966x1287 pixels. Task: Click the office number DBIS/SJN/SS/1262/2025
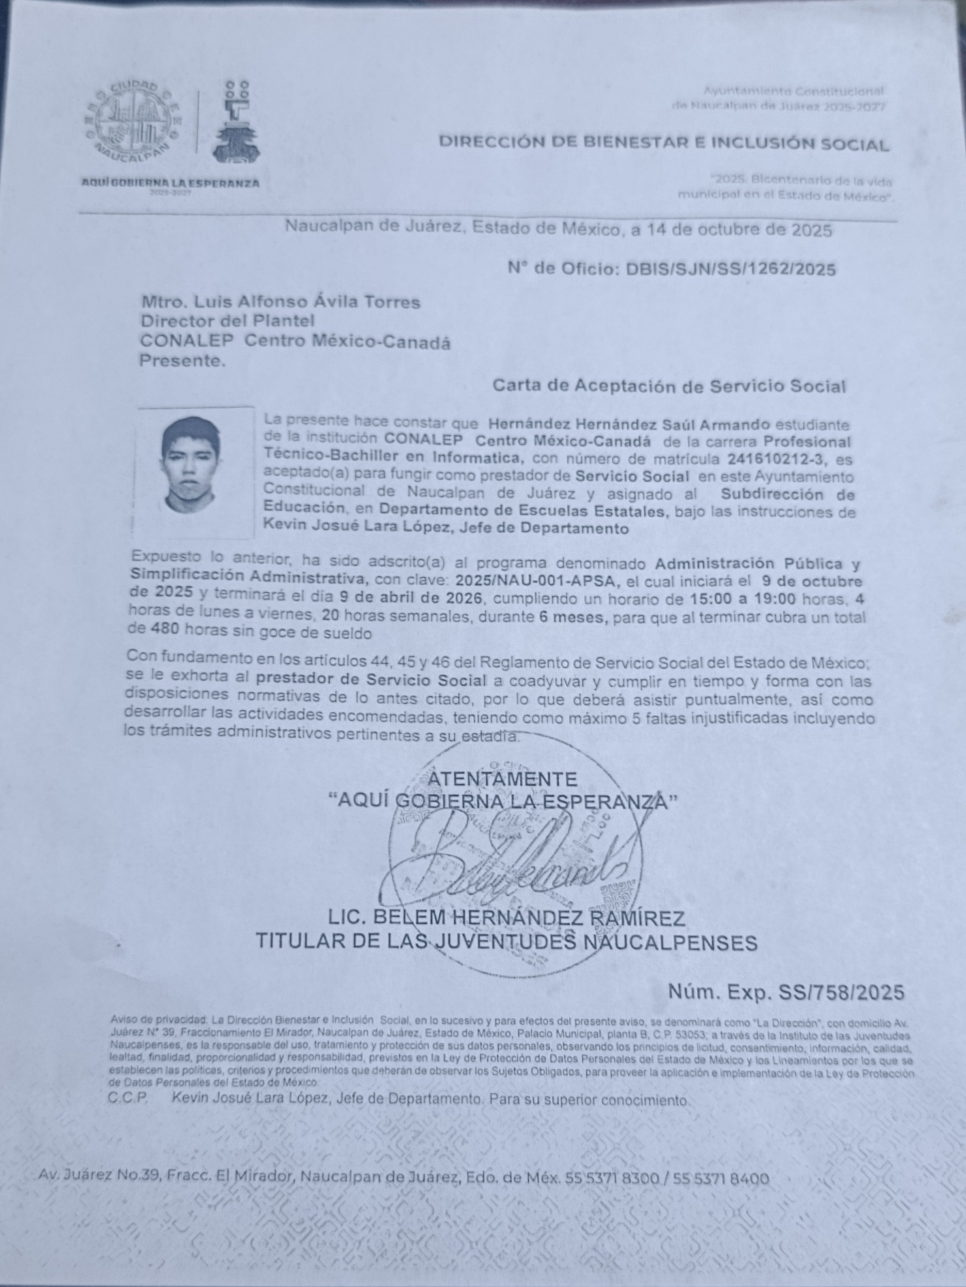tap(730, 269)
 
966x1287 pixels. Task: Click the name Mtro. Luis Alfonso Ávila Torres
tap(280, 302)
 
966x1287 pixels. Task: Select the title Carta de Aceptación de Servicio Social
tap(669, 386)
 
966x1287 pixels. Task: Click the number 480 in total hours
tap(164, 629)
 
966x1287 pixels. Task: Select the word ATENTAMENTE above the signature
tap(502, 779)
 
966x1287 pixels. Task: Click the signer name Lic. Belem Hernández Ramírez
tap(506, 918)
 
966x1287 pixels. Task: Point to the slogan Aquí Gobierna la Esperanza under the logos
tap(170, 183)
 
